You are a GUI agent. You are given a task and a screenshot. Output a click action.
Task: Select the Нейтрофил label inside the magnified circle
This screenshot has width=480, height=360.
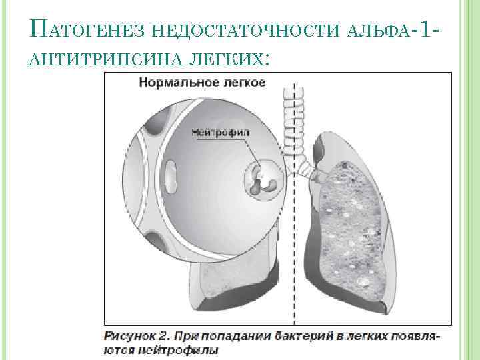tap(220, 132)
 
